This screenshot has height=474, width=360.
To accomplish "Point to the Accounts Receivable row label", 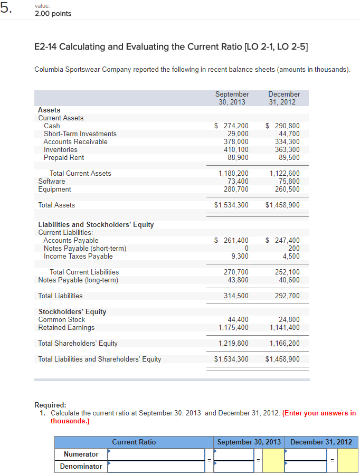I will (x=75, y=142).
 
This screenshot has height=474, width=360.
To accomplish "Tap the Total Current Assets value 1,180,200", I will (x=233, y=174).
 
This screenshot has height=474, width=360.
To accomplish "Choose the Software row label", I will (x=52, y=182).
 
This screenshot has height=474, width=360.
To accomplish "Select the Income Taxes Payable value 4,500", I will (x=291, y=257).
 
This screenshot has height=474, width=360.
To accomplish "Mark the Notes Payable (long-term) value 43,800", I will (x=238, y=280).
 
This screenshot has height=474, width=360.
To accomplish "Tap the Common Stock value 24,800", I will (x=289, y=320).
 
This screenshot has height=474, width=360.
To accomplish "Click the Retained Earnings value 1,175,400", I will (x=233, y=328).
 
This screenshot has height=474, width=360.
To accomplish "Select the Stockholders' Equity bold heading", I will (x=72, y=312).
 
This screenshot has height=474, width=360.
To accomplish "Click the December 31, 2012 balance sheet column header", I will (x=284, y=98).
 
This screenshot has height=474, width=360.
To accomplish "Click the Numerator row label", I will (x=81, y=454).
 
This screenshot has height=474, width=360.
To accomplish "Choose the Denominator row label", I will (x=81, y=467).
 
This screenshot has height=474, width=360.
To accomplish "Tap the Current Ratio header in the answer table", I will (x=134, y=442).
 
